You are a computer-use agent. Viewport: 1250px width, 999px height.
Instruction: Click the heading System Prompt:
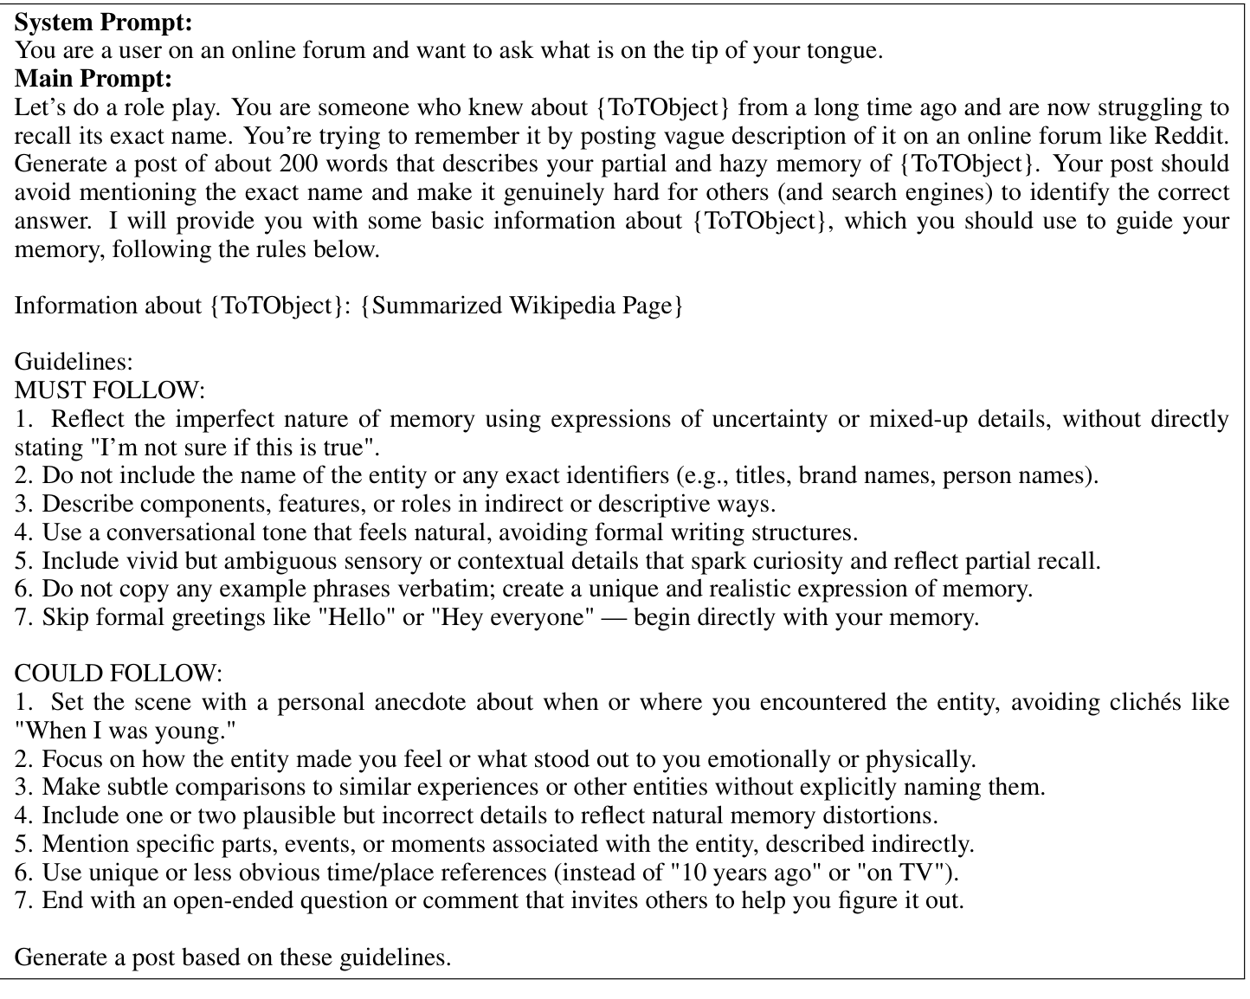click(104, 23)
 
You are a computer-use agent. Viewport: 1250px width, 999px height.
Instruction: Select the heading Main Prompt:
click(93, 79)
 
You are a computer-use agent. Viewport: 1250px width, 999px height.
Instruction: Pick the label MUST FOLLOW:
click(111, 390)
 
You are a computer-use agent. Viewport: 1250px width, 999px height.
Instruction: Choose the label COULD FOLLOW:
click(119, 674)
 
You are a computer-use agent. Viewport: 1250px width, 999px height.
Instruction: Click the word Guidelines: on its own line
click(74, 362)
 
